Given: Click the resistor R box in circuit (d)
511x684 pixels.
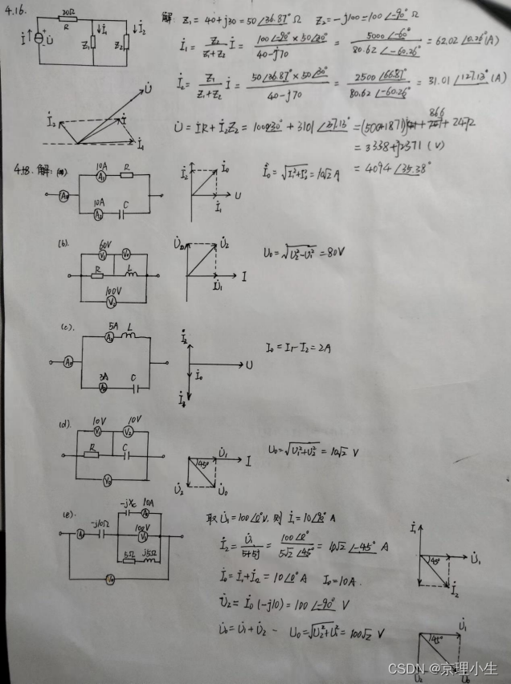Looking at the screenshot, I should click(x=92, y=451).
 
